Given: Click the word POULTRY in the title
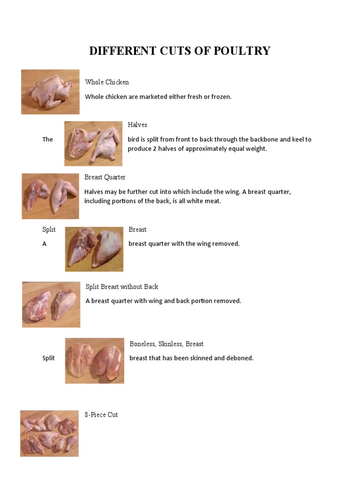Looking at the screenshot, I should [x=243, y=51].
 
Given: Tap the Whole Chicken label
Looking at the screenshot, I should [x=107, y=82].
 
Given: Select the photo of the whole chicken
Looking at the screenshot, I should [x=50, y=92].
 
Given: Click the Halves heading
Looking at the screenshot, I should [x=137, y=125].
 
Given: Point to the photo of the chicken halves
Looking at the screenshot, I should [x=93, y=143].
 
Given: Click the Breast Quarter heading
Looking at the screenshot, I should [x=105, y=177].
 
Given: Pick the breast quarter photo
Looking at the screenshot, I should [x=50, y=196].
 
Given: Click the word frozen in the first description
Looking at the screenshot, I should [x=221, y=97].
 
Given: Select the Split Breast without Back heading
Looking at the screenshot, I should [x=122, y=286].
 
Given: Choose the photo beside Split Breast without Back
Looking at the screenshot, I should [x=51, y=305].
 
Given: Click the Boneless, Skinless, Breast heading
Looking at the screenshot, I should [x=166, y=344].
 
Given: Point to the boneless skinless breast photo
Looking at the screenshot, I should [x=95, y=361].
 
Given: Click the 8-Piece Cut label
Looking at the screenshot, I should [x=101, y=415].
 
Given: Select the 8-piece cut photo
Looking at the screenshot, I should [x=49, y=434].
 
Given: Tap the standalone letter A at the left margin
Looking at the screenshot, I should [x=45, y=244].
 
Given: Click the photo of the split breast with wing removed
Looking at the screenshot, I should [x=94, y=249].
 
